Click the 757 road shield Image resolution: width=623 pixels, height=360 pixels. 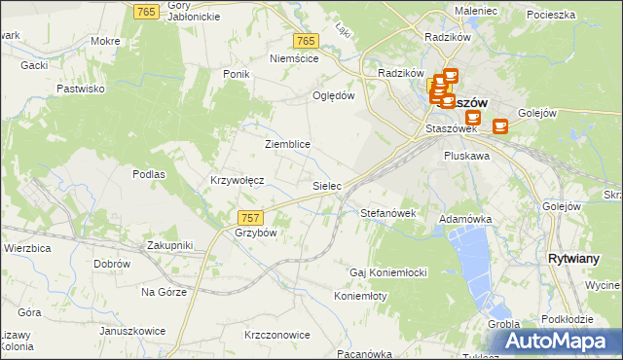coord(249,217)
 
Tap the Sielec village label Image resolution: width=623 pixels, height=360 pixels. coord(326,185)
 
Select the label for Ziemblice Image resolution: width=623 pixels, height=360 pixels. coord(287,144)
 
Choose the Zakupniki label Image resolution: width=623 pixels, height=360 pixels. coord(170,245)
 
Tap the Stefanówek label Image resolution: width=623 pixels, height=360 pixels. coord(388,212)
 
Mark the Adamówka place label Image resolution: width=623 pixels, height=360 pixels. coord(466,220)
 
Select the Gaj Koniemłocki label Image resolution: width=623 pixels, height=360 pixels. coord(389,272)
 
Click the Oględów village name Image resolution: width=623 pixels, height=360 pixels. coord(333,95)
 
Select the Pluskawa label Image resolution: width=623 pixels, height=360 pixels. coord(466,155)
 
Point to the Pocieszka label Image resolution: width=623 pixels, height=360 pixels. coord(551,15)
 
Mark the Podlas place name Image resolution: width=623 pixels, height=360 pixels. coord(149,174)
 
